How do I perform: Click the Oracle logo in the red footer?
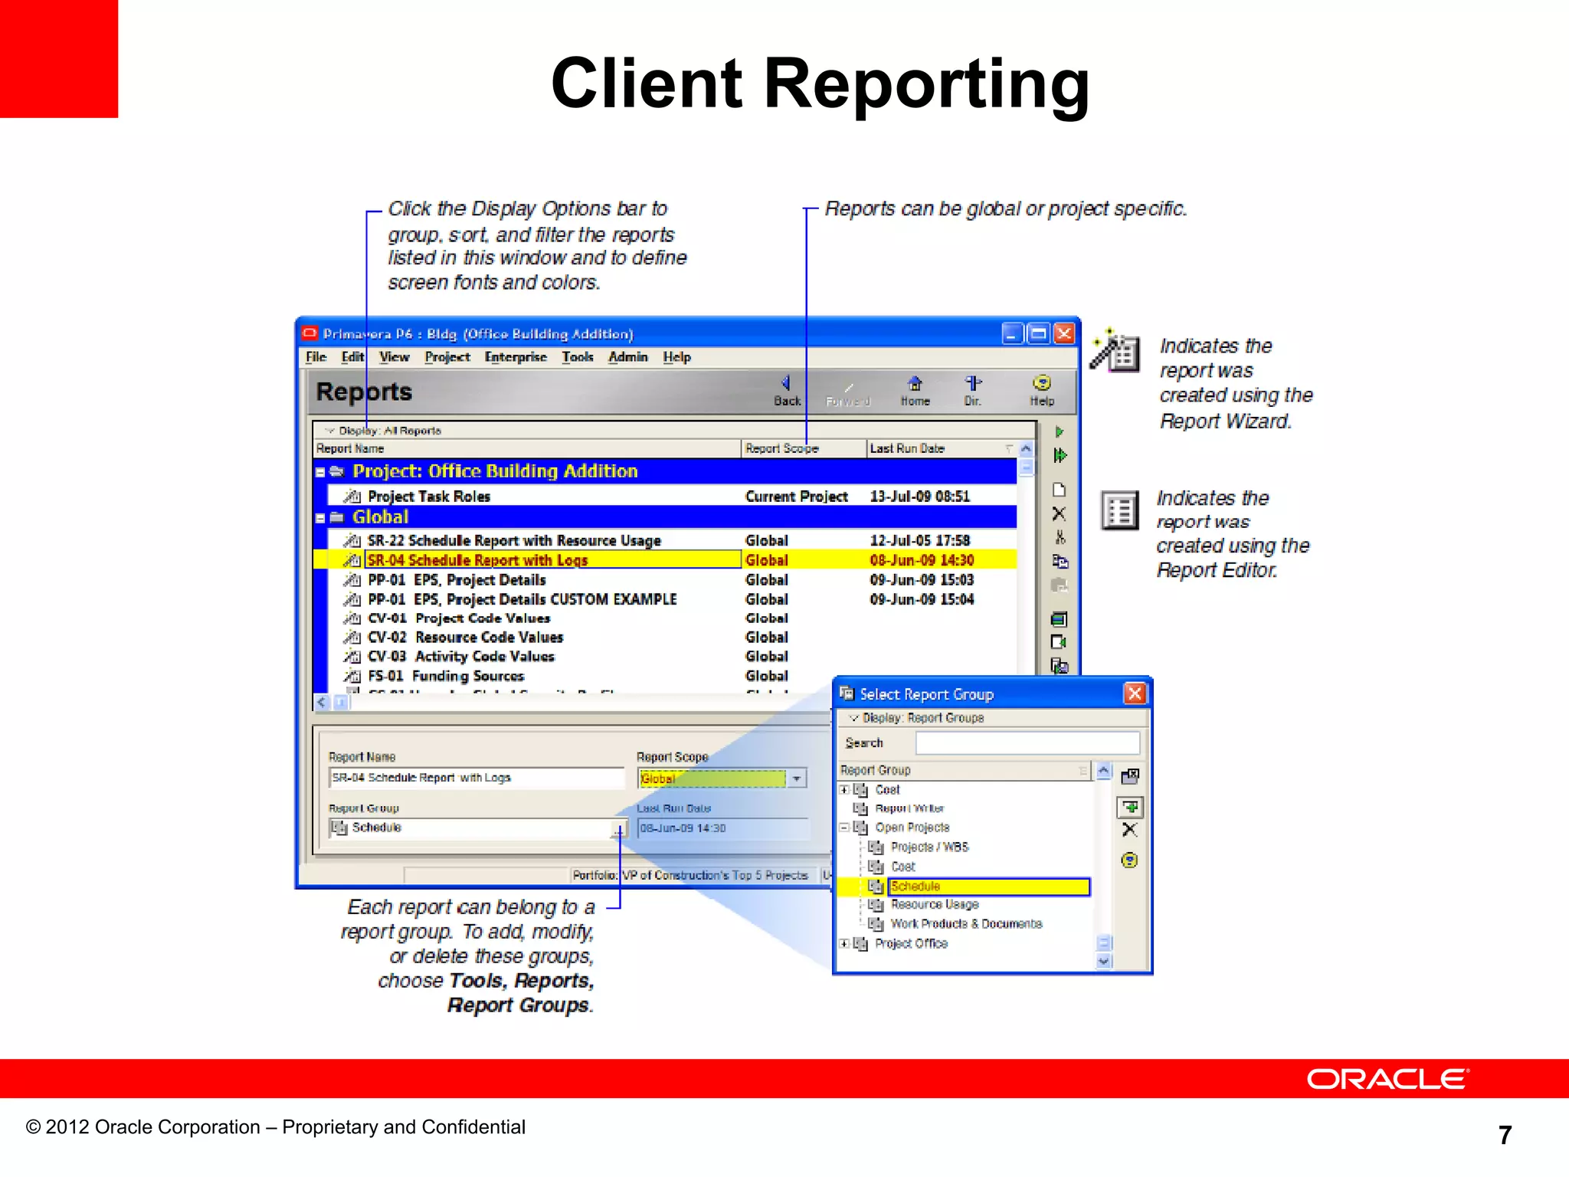(x=1387, y=1079)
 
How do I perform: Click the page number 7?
(x=1505, y=1135)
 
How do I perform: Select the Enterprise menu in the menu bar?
(x=516, y=357)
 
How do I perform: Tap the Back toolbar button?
(x=786, y=390)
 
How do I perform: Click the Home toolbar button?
(x=915, y=390)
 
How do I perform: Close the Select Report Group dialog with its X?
(x=1135, y=693)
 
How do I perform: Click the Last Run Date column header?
(x=907, y=448)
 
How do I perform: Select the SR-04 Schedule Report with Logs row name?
(x=477, y=560)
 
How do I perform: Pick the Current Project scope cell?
(x=796, y=497)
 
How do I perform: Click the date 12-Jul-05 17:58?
(x=919, y=540)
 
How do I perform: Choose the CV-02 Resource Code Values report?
(x=466, y=637)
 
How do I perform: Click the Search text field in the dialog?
(x=1027, y=743)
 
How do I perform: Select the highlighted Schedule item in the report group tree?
(x=988, y=887)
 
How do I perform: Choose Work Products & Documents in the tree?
(x=966, y=924)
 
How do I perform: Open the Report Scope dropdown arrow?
(x=797, y=779)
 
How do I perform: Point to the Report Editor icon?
(x=1119, y=510)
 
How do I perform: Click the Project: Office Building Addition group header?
(x=495, y=471)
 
